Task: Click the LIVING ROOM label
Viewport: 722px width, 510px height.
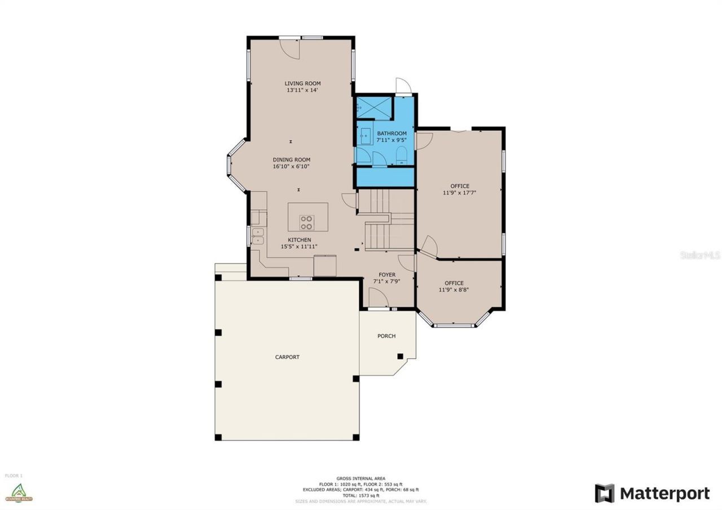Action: coord(302,83)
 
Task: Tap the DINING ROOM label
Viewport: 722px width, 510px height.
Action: coord(291,160)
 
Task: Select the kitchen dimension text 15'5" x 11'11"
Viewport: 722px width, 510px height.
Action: coord(299,247)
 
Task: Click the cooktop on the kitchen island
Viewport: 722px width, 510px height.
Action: coord(307,222)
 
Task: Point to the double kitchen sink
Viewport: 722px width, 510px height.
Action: coord(257,236)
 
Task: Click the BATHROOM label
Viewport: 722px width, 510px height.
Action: coord(391,134)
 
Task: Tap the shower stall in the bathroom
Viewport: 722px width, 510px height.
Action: coord(373,107)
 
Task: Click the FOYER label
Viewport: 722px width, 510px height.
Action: coord(386,275)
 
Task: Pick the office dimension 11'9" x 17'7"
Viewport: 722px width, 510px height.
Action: coord(459,193)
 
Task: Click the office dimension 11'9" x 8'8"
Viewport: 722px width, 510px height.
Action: coord(454,290)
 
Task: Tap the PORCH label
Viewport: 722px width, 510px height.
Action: coord(386,336)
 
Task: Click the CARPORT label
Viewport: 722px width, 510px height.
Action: coord(287,357)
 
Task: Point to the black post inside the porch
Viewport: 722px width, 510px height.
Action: coord(400,356)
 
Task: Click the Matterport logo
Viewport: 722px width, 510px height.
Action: coord(652,494)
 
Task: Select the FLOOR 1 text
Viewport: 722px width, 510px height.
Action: coord(14,476)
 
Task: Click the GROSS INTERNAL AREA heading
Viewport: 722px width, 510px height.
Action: coord(360,478)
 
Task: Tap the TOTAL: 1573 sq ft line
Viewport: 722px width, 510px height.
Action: coord(360,495)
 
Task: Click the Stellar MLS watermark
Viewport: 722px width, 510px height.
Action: coord(699,255)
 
